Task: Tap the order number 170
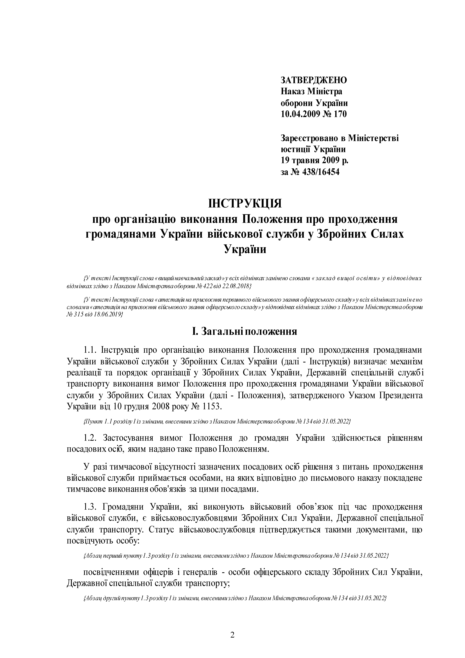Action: tap(340, 114)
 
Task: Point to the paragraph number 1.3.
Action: tap(91, 507)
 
